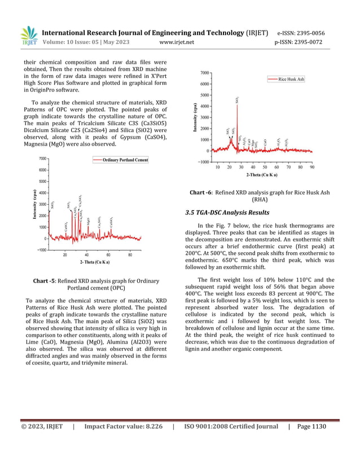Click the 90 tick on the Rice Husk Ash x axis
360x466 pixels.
312,167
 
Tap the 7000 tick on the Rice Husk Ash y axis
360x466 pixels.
205,73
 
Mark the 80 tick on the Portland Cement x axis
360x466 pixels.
130,254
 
